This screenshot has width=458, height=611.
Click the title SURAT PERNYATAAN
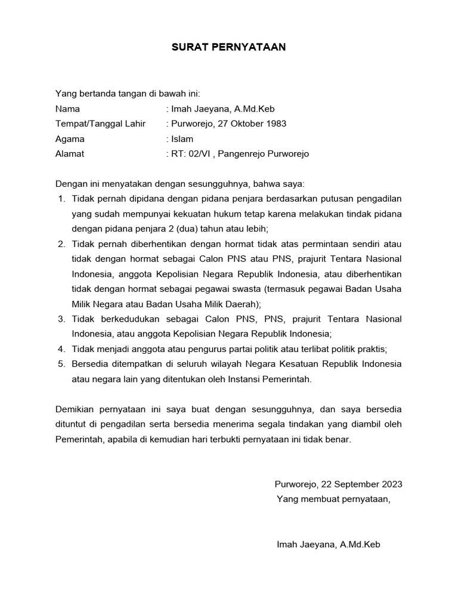tap(229, 47)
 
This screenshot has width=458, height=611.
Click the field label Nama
tap(67, 109)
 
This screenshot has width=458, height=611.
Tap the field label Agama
tap(70, 139)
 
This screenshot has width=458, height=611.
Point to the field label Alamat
tap(70, 154)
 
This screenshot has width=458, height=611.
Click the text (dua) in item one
tap(181, 228)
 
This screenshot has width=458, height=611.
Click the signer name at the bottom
tap(329, 545)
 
